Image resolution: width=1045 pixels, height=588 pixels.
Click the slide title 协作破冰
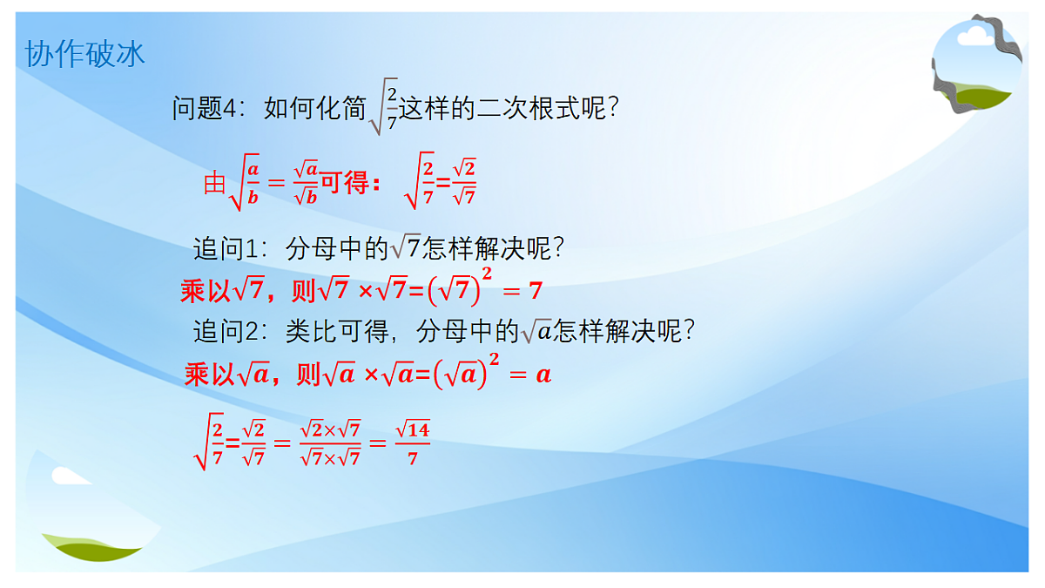[84, 54]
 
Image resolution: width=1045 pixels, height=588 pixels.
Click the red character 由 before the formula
[214, 184]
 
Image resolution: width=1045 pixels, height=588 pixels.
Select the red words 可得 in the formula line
[344, 184]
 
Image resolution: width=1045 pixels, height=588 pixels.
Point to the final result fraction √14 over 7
[412, 443]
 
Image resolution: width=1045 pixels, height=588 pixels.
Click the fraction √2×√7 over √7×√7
[329, 443]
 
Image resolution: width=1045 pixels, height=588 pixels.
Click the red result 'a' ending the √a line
[543, 375]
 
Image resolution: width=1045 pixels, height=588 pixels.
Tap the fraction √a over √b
[305, 184]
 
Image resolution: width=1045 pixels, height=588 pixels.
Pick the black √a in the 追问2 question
[536, 331]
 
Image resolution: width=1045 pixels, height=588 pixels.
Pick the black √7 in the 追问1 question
[405, 250]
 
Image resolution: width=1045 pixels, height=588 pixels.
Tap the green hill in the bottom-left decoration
[91, 545]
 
